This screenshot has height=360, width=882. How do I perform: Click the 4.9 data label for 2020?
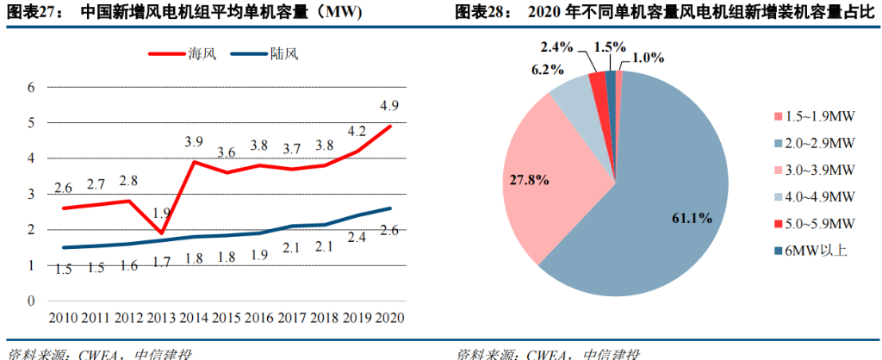pos(388,107)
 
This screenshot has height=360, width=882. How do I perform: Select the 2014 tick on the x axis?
pos(195,317)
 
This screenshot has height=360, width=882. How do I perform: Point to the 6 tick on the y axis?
pos(30,87)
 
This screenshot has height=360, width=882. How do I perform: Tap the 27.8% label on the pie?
pos(525,180)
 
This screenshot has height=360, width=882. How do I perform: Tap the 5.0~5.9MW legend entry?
pos(811,223)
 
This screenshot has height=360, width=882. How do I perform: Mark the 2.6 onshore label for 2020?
pos(388,229)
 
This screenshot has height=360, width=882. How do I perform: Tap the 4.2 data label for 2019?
pos(355,132)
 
